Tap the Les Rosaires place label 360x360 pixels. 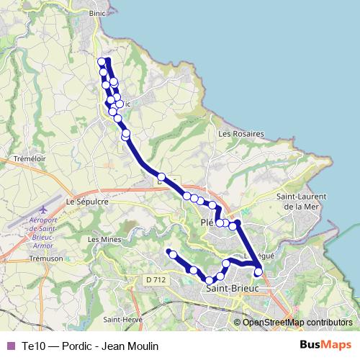(241, 134)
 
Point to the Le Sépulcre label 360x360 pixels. (86, 202)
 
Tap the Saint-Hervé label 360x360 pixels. (122, 320)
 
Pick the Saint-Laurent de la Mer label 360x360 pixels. (302, 202)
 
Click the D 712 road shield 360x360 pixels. (155, 279)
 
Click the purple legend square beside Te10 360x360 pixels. (10, 346)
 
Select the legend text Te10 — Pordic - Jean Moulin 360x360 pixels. (89, 346)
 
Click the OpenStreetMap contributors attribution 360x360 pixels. (297, 322)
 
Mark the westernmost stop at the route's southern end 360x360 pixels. (170, 252)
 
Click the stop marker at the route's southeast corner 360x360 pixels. (258, 272)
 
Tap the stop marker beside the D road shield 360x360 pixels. (162, 177)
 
